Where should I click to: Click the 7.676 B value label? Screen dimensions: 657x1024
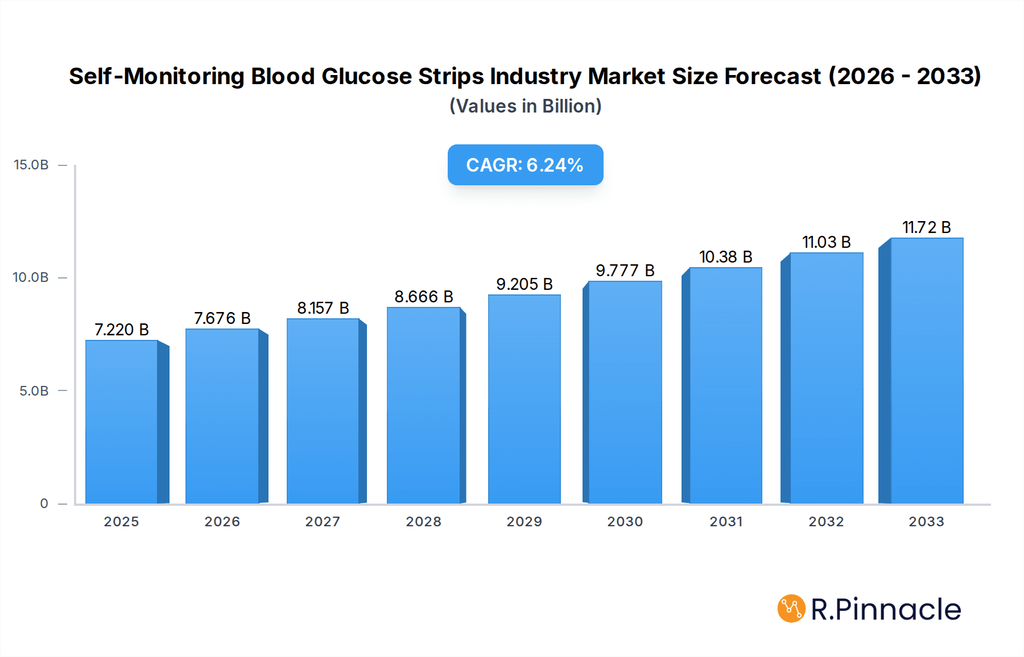222,318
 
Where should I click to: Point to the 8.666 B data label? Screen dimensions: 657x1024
424,297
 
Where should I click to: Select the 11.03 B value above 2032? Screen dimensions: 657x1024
826,242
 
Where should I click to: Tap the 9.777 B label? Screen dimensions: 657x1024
625,271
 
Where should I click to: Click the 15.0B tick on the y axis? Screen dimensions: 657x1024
31,165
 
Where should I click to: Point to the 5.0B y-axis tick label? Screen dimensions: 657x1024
34,391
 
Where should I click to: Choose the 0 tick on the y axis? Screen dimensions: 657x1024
44,504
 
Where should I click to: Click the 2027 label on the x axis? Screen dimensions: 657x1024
323,522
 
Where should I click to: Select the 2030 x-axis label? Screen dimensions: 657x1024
625,522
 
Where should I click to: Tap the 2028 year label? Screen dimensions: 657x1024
423,522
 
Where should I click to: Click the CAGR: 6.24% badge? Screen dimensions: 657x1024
525,165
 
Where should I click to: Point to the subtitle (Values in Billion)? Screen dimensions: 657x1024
525,106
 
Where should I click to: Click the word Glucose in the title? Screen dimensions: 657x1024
366,76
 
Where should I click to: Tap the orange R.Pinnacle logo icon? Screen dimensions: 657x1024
791,609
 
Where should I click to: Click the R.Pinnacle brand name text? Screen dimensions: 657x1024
886,609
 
